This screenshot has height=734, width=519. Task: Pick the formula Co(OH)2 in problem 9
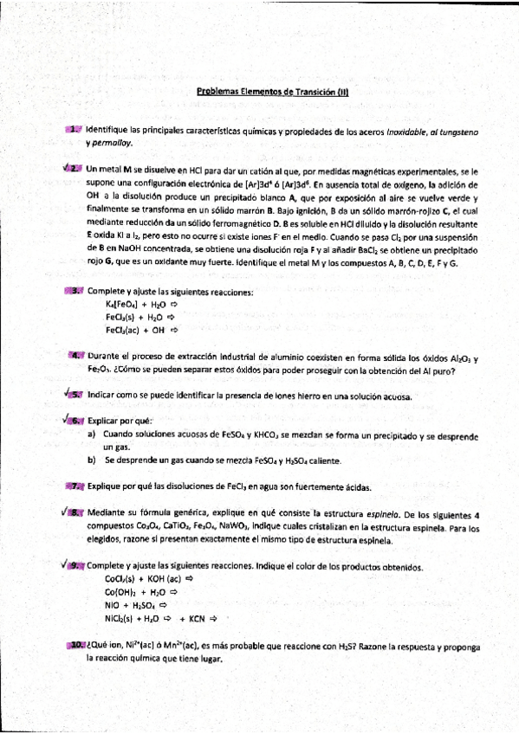pyautogui.click(x=121, y=592)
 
